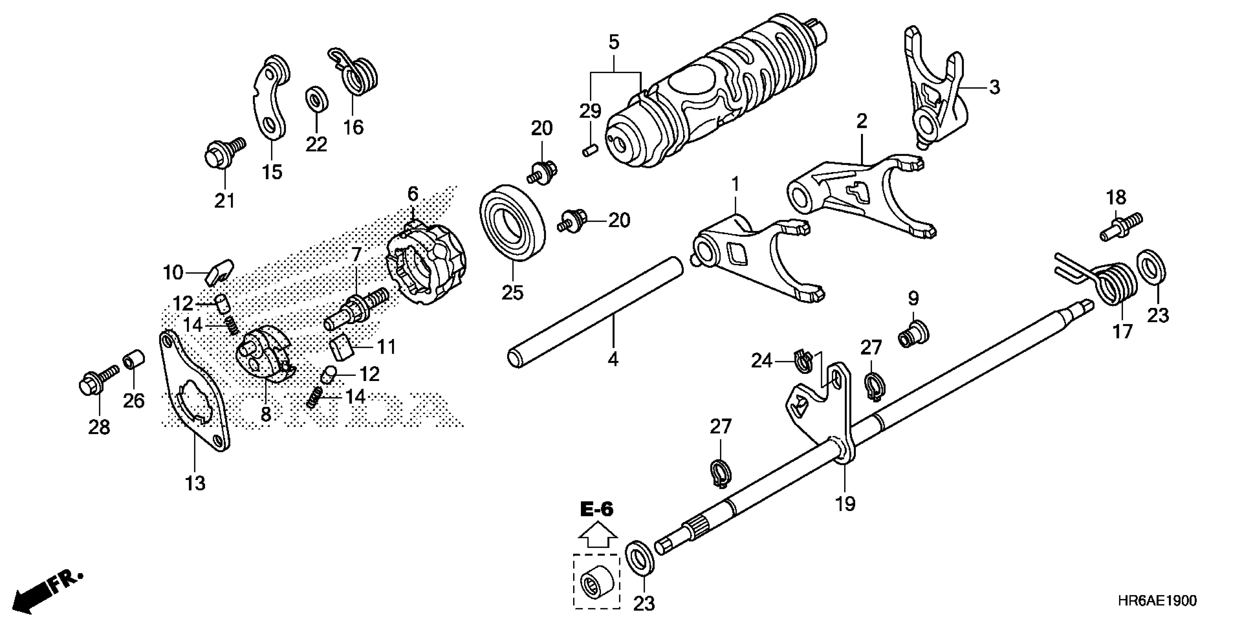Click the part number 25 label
pos(512,292)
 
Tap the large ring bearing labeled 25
pos(512,222)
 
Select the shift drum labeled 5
pos(713,92)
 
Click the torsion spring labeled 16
pos(355,73)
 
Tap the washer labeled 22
pos(317,99)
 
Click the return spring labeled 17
pos(1116,285)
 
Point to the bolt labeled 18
pos(1120,228)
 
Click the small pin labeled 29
pos(589,150)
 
